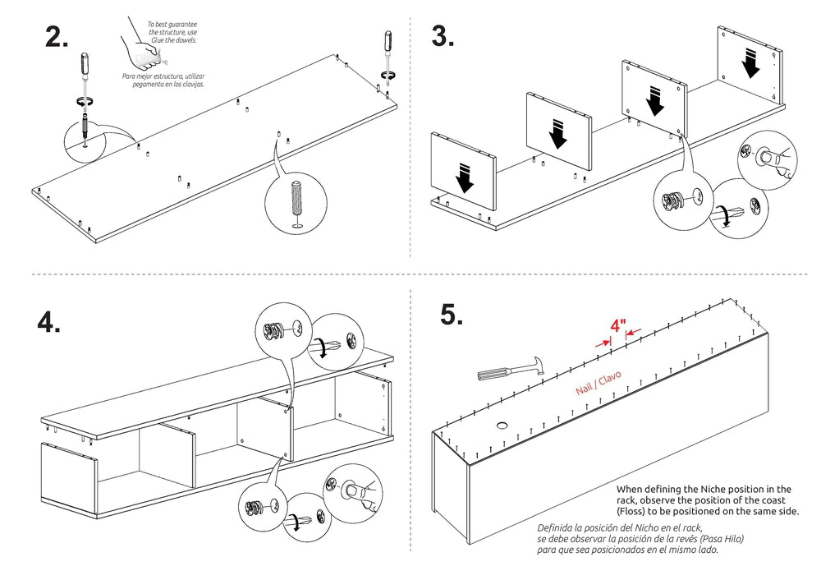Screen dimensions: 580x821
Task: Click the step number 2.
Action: (x=57, y=37)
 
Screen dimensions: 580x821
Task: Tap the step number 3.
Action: (x=443, y=37)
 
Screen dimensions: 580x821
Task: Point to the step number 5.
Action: (x=454, y=315)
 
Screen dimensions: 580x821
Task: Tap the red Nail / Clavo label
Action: (x=599, y=382)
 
